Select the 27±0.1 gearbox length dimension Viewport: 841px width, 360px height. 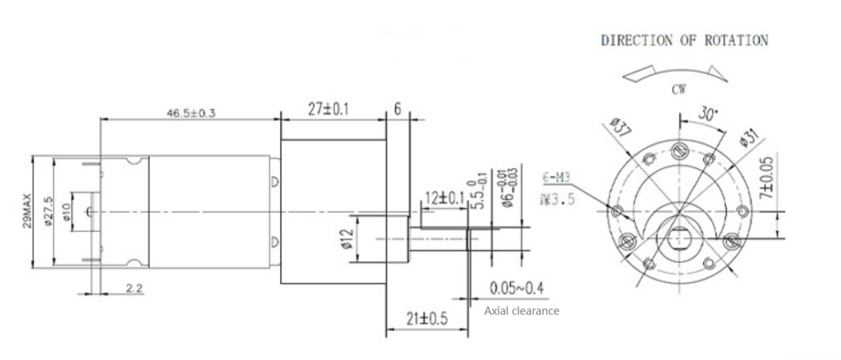coord(330,110)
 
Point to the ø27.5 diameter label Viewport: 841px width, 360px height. coord(47,212)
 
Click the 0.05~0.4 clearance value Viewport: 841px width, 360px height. coord(517,289)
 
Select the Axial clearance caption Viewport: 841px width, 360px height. coord(521,311)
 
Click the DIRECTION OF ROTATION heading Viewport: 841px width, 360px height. coord(684,40)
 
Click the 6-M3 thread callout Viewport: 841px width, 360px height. coord(558,179)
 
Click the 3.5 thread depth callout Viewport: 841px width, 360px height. coord(558,200)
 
